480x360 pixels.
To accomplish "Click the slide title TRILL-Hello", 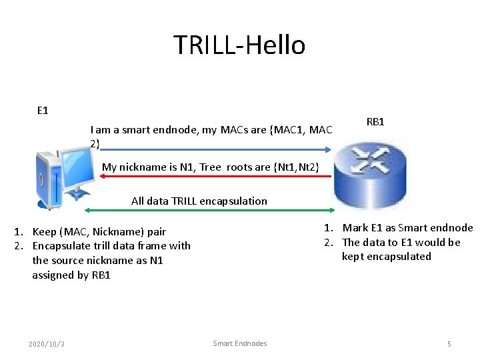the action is click(239, 45).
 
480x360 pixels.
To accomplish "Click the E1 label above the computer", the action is click(43, 109).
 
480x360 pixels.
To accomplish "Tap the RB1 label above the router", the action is click(375, 122).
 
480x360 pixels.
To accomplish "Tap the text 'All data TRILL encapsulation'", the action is click(199, 201).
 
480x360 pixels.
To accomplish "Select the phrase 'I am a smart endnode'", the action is click(145, 130).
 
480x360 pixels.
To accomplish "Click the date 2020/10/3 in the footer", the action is click(47, 344).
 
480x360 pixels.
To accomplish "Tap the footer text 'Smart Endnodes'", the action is click(240, 343).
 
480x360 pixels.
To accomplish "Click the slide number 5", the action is click(449, 344).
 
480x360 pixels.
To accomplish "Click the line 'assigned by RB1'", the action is click(71, 275).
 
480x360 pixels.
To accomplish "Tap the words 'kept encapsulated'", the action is click(387, 257).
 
